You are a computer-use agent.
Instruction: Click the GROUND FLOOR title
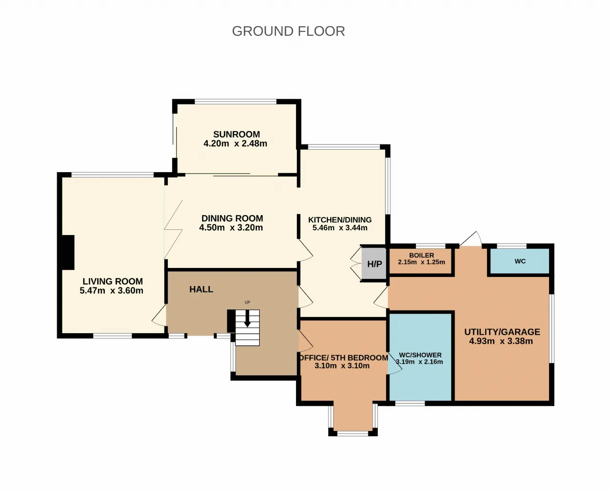point(288,31)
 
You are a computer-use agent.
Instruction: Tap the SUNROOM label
point(236,134)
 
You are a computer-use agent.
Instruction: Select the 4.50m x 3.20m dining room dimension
point(231,227)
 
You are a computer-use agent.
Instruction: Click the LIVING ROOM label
point(112,281)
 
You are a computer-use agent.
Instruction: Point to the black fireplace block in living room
point(68,252)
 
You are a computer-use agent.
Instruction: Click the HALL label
point(201,289)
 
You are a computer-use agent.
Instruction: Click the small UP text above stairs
point(247,302)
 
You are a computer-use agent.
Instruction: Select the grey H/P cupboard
point(374,264)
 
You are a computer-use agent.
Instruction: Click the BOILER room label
point(421,255)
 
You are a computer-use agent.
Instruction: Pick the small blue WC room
point(520,261)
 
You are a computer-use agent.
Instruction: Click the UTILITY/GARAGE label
point(502,332)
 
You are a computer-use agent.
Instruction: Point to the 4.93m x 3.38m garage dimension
point(501,341)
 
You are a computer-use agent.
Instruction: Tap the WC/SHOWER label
point(420,355)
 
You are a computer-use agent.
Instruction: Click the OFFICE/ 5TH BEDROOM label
point(344,358)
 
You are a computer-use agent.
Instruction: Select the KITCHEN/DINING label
point(340,220)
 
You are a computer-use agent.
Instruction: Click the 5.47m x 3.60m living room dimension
point(112,290)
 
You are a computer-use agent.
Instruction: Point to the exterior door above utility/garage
point(470,239)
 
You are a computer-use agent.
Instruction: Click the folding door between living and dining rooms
point(173,229)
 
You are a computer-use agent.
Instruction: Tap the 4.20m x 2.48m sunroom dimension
point(235,143)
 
